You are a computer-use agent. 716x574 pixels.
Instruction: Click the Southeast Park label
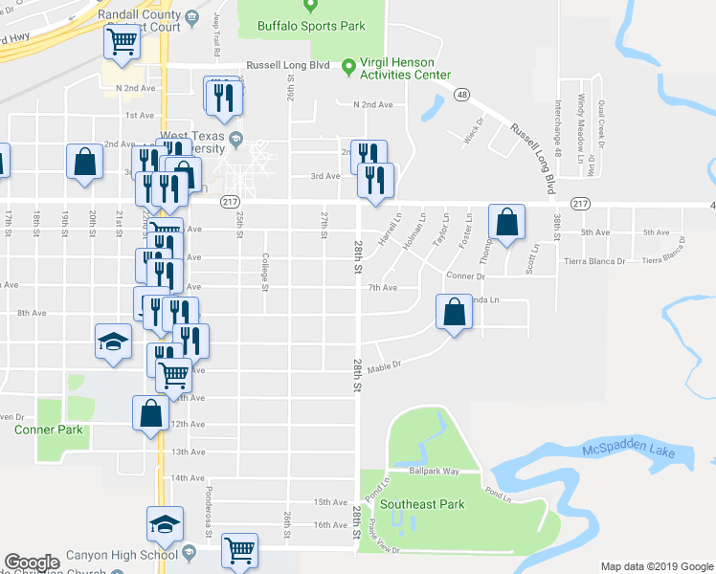422,504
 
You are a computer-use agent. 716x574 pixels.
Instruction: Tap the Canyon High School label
122,555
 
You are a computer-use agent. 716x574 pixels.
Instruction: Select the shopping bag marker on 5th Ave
508,222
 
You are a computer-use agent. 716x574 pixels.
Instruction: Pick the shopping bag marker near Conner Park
150,413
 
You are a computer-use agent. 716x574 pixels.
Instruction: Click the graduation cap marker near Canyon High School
165,523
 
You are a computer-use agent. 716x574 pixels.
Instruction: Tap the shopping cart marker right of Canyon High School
238,550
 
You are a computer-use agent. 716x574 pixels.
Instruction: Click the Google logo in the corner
32,563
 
